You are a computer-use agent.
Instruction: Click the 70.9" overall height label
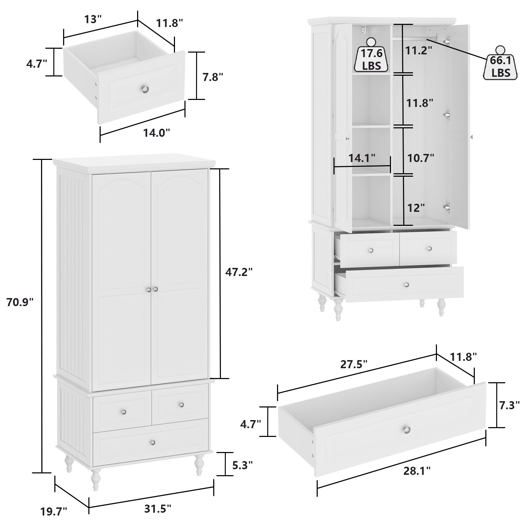(x=20, y=302)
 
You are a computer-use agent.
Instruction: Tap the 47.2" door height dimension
(x=239, y=272)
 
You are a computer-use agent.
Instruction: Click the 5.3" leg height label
(x=242, y=465)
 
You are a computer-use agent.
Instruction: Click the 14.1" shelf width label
(x=362, y=158)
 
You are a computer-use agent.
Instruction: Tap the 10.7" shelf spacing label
(x=420, y=158)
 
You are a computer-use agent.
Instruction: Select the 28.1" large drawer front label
(x=417, y=470)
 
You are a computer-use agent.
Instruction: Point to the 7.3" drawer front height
(x=509, y=405)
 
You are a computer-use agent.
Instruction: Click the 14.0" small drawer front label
(x=156, y=133)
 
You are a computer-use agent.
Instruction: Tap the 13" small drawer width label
(x=90, y=20)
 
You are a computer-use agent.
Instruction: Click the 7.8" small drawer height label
(x=213, y=77)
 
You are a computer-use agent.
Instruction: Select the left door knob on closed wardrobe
(x=148, y=289)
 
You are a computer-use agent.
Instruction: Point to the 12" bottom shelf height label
(x=414, y=208)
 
